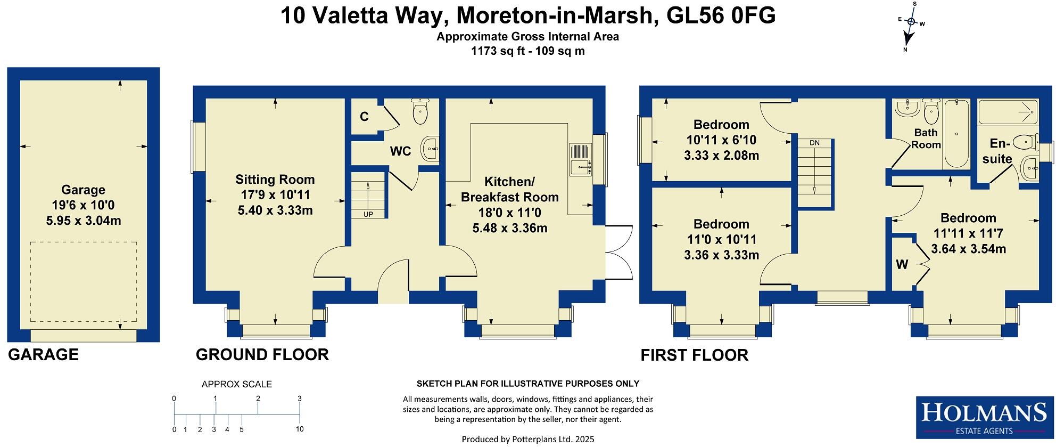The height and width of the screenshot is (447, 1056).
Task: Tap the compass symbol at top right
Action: point(911,22)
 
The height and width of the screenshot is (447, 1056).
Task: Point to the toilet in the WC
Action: point(420,111)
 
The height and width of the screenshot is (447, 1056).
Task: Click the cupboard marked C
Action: point(364,117)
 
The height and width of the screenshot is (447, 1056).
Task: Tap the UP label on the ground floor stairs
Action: point(368,214)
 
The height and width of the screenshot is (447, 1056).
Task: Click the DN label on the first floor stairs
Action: point(814,143)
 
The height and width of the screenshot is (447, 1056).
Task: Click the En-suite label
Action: point(1001,151)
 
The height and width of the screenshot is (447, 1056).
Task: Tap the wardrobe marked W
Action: point(902,264)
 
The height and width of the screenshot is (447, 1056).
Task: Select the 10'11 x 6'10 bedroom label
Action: point(721,140)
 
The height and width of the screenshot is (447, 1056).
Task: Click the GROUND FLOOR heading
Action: point(262,355)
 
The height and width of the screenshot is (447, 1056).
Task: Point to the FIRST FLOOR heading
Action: point(694,355)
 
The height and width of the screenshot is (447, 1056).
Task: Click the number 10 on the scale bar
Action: point(300,429)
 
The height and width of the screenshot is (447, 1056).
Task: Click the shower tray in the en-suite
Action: point(1008,111)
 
